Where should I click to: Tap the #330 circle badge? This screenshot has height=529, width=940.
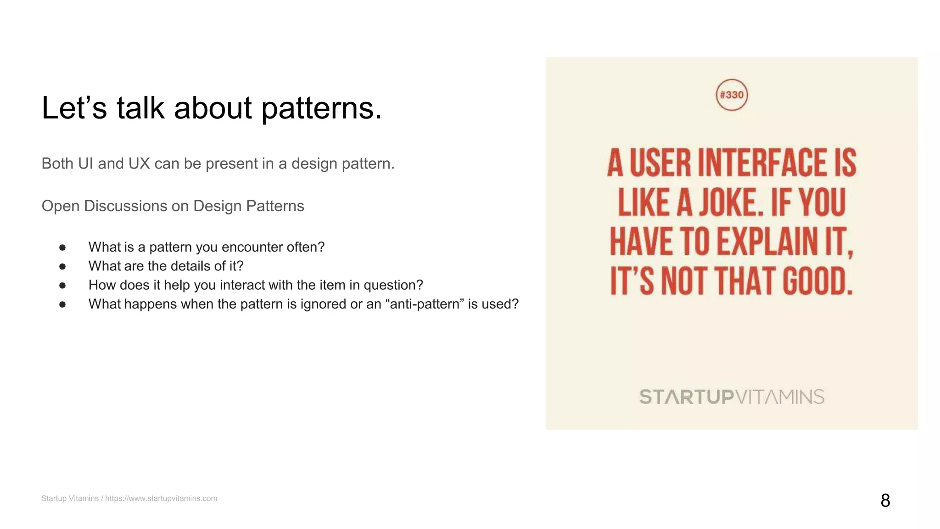[x=732, y=95]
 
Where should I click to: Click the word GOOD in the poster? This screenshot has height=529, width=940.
[x=817, y=281]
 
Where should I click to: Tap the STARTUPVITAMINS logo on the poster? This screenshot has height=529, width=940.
[x=732, y=397]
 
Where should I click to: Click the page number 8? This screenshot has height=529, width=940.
[x=885, y=500]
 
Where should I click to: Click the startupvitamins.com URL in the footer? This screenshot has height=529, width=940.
[x=161, y=498]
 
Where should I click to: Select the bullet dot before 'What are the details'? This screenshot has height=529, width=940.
[x=62, y=266]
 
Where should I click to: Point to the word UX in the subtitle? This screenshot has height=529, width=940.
[x=139, y=163]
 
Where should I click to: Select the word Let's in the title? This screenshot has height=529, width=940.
[x=74, y=109]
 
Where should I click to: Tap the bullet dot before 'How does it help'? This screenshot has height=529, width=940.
[x=62, y=285]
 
